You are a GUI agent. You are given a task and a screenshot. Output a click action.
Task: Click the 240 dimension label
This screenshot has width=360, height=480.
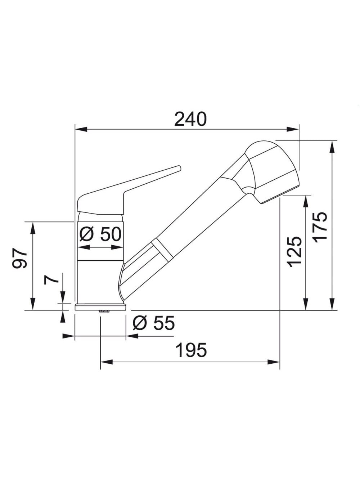[x=190, y=119]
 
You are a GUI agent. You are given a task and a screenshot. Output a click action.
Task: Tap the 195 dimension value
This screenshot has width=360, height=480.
[x=191, y=350]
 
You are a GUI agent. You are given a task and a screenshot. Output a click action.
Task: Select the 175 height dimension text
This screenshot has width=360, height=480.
[x=320, y=228]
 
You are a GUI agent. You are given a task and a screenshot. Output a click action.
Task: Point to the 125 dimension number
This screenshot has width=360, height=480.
[x=295, y=252]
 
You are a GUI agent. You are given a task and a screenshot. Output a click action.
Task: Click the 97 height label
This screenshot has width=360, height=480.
[x=19, y=258]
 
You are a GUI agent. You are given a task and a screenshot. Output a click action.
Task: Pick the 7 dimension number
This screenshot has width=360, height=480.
[x=51, y=280]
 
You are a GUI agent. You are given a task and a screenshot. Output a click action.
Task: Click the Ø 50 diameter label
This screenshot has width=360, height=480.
[x=100, y=234]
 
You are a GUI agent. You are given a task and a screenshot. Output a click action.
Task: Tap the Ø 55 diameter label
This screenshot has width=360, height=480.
[x=154, y=323]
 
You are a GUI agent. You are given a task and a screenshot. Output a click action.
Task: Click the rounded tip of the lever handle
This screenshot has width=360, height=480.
[x=179, y=168]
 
